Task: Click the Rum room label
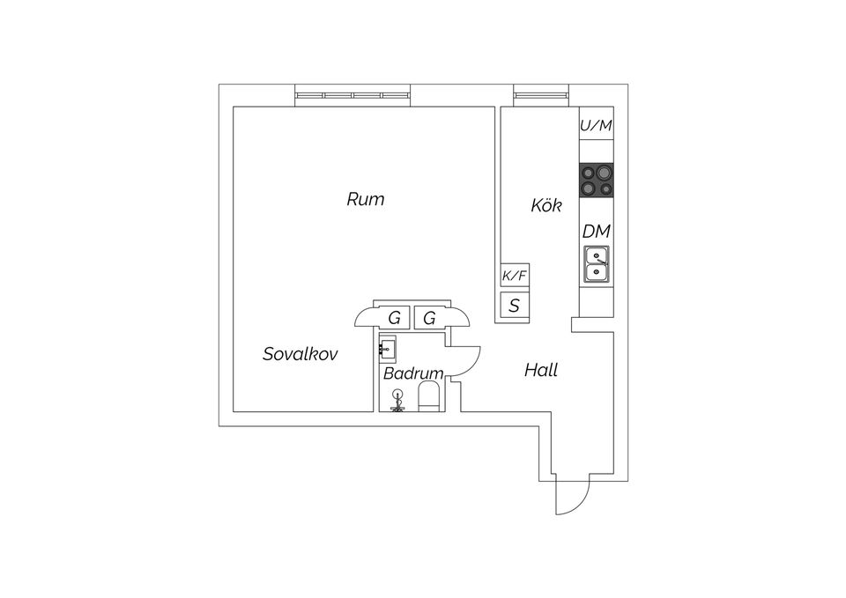tap(365, 199)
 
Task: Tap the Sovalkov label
tap(301, 354)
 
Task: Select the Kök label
tap(546, 206)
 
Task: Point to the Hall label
tap(540, 370)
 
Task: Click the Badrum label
tap(412, 373)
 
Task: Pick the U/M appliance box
tap(596, 126)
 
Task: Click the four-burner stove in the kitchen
tap(597, 181)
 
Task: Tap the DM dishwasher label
tap(597, 232)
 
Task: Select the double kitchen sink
tap(597, 264)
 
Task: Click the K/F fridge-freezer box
tap(515, 277)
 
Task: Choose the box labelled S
tap(515, 306)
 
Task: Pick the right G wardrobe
tap(429, 318)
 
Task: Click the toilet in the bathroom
tap(429, 395)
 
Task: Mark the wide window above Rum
tap(352, 94)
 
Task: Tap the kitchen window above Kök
tap(543, 94)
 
